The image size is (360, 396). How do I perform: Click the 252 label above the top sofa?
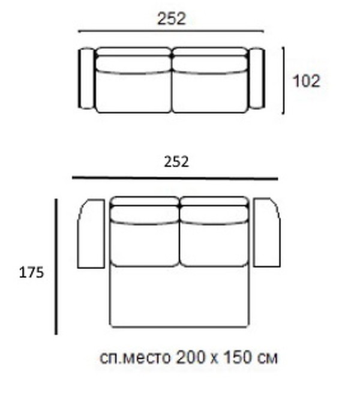(x=172, y=19)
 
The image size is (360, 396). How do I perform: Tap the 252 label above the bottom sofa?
(x=176, y=161)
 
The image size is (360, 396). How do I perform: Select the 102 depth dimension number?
(x=306, y=81)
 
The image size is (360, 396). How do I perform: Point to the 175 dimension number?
(x=31, y=273)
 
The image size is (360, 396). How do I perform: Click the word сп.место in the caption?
(x=135, y=358)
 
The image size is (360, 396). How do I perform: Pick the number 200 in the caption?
(x=190, y=358)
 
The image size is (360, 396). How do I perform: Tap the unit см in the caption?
(x=268, y=359)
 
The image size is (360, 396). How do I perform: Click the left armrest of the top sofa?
(x=86, y=78)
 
